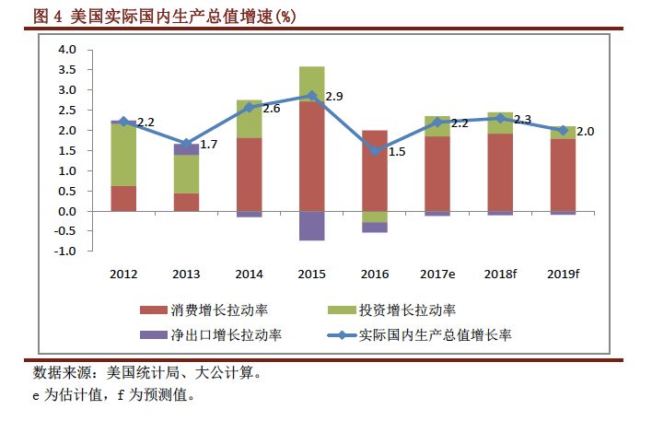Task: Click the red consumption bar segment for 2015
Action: coord(312,156)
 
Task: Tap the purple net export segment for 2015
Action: coord(312,226)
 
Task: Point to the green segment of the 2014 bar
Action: coord(250,119)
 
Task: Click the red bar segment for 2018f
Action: coord(500,172)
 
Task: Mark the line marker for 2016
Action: coord(375,150)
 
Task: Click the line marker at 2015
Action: coord(312,95)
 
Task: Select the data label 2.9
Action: coord(334,97)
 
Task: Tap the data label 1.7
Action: coord(208,145)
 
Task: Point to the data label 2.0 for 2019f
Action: coord(585,132)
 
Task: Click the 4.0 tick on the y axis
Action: coord(67,50)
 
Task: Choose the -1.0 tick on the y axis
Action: coord(65,251)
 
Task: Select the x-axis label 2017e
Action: coord(437,275)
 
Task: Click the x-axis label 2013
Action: coord(186,275)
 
